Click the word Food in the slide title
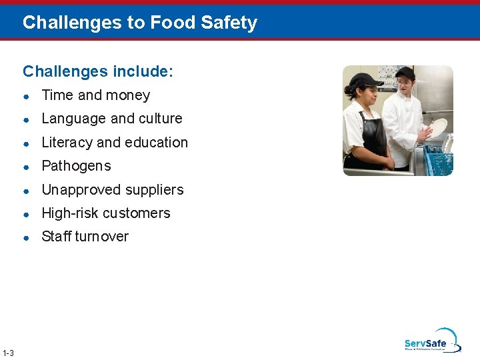[x=169, y=23]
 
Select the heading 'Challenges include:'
[x=98, y=71]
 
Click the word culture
[x=159, y=119]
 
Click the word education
[x=157, y=143]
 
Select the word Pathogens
[x=76, y=166]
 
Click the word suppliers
[x=156, y=190]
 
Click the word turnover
[x=103, y=237]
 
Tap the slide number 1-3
[x=9, y=353]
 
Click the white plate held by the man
[x=437, y=127]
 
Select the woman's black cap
[x=361, y=81]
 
